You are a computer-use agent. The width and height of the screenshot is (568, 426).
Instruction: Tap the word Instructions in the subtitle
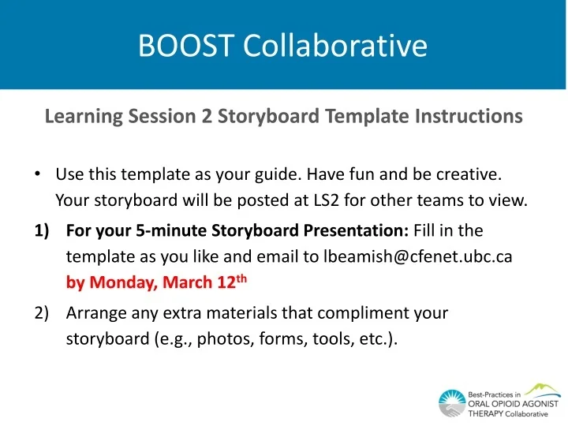[x=469, y=117]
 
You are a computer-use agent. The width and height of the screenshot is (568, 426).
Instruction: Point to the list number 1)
[x=43, y=230]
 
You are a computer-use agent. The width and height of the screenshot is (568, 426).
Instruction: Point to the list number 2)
[x=43, y=312]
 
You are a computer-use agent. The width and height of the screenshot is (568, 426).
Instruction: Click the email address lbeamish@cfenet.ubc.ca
[x=418, y=256]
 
